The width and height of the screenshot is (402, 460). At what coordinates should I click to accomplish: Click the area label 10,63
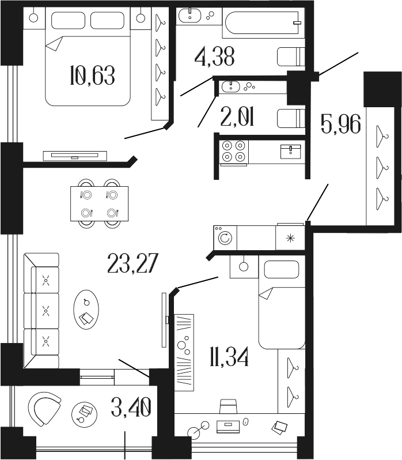coord(92,75)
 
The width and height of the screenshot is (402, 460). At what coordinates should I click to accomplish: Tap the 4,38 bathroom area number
coord(214,57)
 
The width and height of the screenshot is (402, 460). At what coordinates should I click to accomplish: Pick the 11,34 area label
coord(229,357)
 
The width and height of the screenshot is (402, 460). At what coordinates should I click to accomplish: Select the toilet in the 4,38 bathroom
coord(290,57)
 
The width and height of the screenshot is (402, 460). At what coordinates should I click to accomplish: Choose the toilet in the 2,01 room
coord(290,118)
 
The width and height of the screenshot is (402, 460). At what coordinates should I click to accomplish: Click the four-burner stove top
coord(234,151)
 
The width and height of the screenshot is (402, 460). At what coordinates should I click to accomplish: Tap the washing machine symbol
coord(225,237)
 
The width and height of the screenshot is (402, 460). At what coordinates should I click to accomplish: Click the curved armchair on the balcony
coord(46,409)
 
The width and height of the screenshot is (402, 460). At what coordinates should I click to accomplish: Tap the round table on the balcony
coord(84,414)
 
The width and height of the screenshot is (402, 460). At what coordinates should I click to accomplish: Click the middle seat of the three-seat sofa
coord(46,311)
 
